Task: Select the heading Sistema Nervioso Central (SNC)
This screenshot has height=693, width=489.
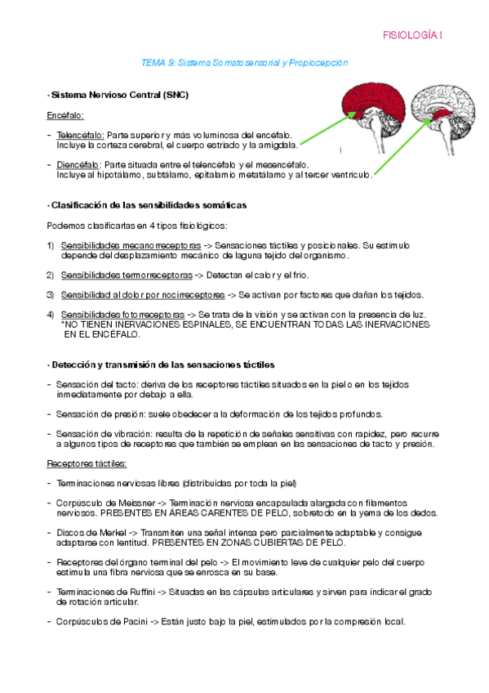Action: pyautogui.click(x=119, y=95)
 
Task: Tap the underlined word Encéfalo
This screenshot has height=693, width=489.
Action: pyautogui.click(x=65, y=116)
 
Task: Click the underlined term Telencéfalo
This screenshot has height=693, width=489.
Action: pyautogui.click(x=80, y=134)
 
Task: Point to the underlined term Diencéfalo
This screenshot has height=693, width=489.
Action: pyautogui.click(x=79, y=164)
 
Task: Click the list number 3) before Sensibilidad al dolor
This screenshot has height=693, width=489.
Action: pyautogui.click(x=50, y=294)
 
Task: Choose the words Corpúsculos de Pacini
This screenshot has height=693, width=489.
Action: pyautogui.click(x=99, y=620)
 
